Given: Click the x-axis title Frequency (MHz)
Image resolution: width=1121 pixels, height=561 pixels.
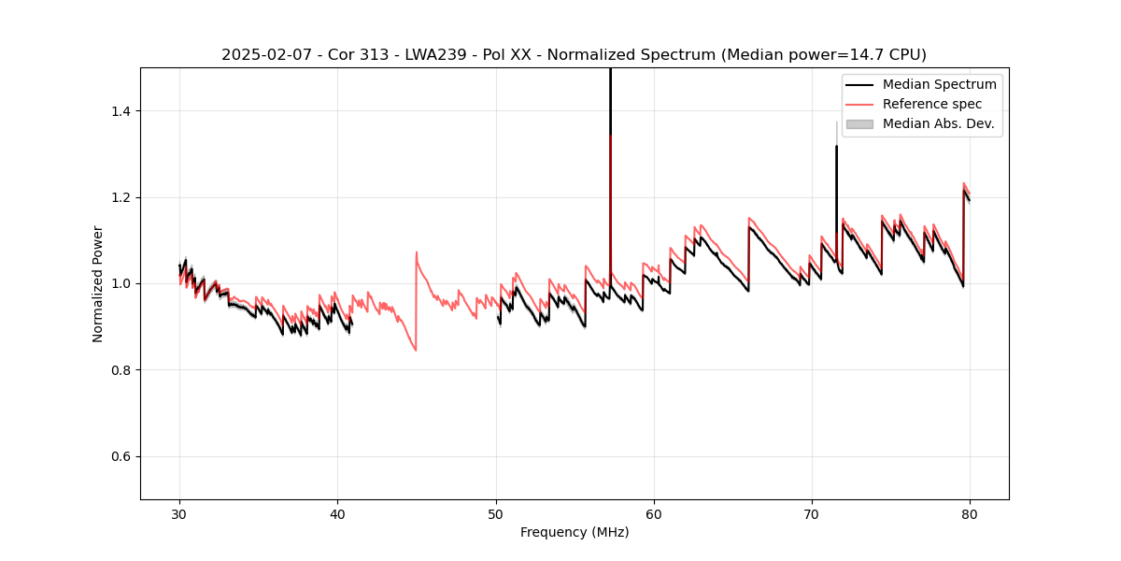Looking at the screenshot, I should pos(575,532).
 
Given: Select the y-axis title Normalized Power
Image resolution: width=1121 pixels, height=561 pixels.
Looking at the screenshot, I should pos(98,283).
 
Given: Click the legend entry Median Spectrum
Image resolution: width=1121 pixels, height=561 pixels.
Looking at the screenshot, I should pos(939,84).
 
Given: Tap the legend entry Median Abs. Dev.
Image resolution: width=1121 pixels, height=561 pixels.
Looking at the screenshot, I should pos(938,123).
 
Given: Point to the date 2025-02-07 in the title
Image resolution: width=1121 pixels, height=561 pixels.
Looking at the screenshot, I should pos(263,55).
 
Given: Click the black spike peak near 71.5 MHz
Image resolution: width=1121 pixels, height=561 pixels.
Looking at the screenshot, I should pos(836,147).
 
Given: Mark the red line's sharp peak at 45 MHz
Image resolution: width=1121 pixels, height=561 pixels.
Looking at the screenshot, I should pos(417,252).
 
